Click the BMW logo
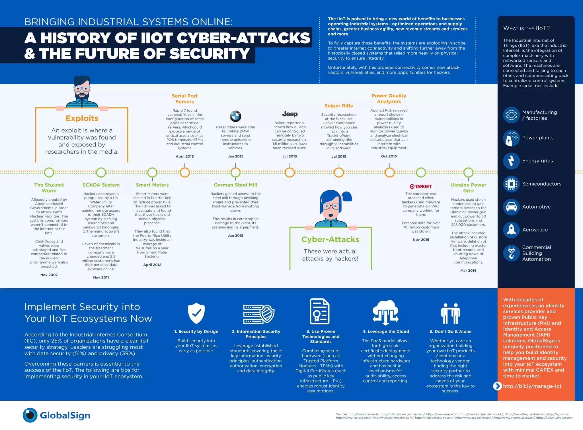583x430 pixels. click(x=235, y=116)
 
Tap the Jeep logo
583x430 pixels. click(x=290, y=114)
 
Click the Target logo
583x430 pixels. click(x=421, y=187)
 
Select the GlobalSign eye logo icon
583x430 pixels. click(x=30, y=415)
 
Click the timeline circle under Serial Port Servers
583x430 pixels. click(x=185, y=172)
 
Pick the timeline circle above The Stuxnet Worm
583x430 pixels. click(x=49, y=172)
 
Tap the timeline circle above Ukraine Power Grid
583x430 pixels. click(x=468, y=172)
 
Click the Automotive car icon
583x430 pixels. click(x=511, y=207)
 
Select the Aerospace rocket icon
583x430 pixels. click(x=511, y=230)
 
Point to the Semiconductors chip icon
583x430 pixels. click(x=511, y=184)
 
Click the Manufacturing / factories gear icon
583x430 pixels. click(x=511, y=115)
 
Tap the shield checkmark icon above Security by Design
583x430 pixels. click(x=196, y=313)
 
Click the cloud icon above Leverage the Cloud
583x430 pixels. click(x=385, y=312)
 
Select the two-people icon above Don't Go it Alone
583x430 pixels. click(x=450, y=313)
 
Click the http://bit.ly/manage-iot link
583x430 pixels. click(x=532, y=386)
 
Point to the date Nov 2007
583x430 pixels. click(x=49, y=275)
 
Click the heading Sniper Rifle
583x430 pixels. click(x=339, y=106)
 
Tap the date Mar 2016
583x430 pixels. click(x=468, y=271)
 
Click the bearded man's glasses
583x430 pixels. click(x=82, y=89)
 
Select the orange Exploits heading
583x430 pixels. click(x=82, y=118)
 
